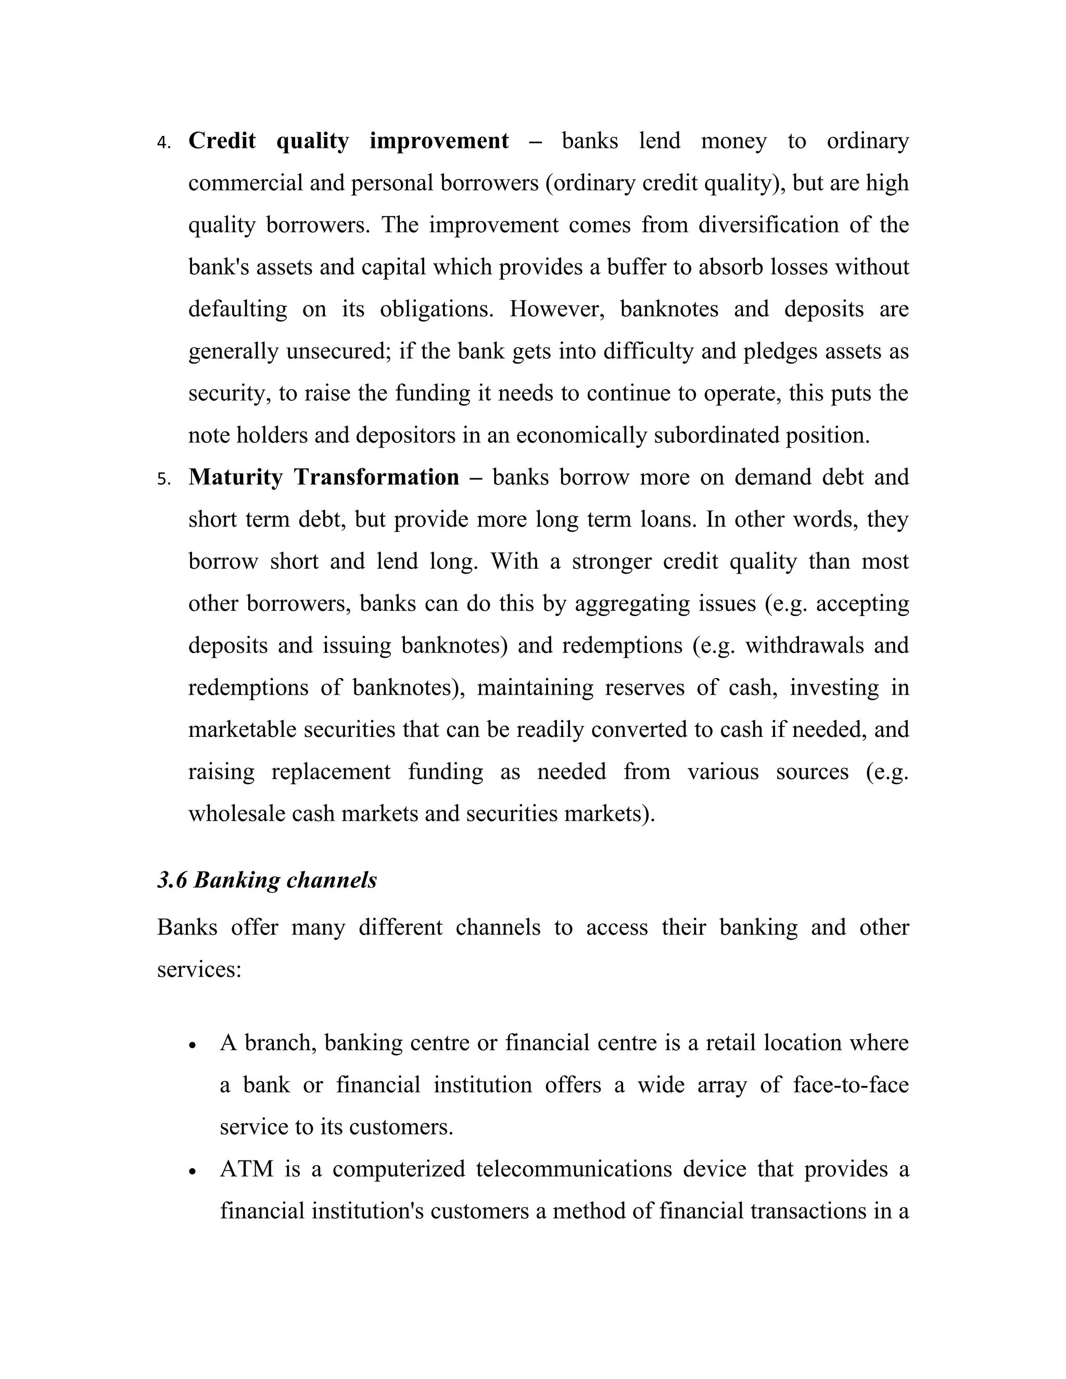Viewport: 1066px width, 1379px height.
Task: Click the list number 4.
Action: pos(163,143)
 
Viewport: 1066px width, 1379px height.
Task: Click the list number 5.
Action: pos(163,479)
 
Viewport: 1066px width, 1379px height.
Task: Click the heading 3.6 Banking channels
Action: pos(266,879)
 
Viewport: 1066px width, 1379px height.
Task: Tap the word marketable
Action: pos(243,730)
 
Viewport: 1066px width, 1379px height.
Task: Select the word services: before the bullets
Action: pos(199,969)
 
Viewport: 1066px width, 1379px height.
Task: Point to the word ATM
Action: pos(246,1169)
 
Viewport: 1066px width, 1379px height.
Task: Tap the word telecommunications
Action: pos(574,1169)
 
